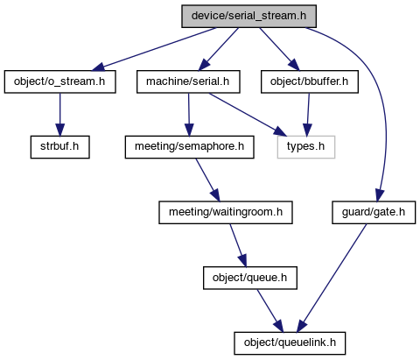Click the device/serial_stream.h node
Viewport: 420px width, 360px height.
click(248, 17)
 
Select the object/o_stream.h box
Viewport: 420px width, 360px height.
click(59, 81)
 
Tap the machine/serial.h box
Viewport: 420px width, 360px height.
click(188, 81)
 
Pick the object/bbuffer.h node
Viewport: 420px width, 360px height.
click(310, 81)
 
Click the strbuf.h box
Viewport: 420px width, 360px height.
click(59, 147)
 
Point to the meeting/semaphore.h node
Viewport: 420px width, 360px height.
click(190, 147)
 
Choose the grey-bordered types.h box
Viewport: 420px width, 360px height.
click(306, 147)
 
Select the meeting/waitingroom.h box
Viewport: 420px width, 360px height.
click(226, 213)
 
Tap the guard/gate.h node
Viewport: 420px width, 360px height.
click(374, 213)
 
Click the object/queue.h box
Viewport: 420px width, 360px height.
click(250, 278)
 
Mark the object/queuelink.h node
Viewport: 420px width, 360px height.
click(290, 343)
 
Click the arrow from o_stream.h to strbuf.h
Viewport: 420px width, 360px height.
click(60, 115)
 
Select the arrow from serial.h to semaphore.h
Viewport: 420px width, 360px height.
click(189, 115)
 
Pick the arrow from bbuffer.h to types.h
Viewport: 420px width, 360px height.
click(308, 115)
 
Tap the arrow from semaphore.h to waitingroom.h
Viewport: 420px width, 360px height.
click(207, 180)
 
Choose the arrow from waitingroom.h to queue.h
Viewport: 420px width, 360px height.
click(238, 245)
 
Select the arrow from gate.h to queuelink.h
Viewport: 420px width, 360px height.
click(332, 278)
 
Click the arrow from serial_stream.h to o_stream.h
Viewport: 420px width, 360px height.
click(154, 49)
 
